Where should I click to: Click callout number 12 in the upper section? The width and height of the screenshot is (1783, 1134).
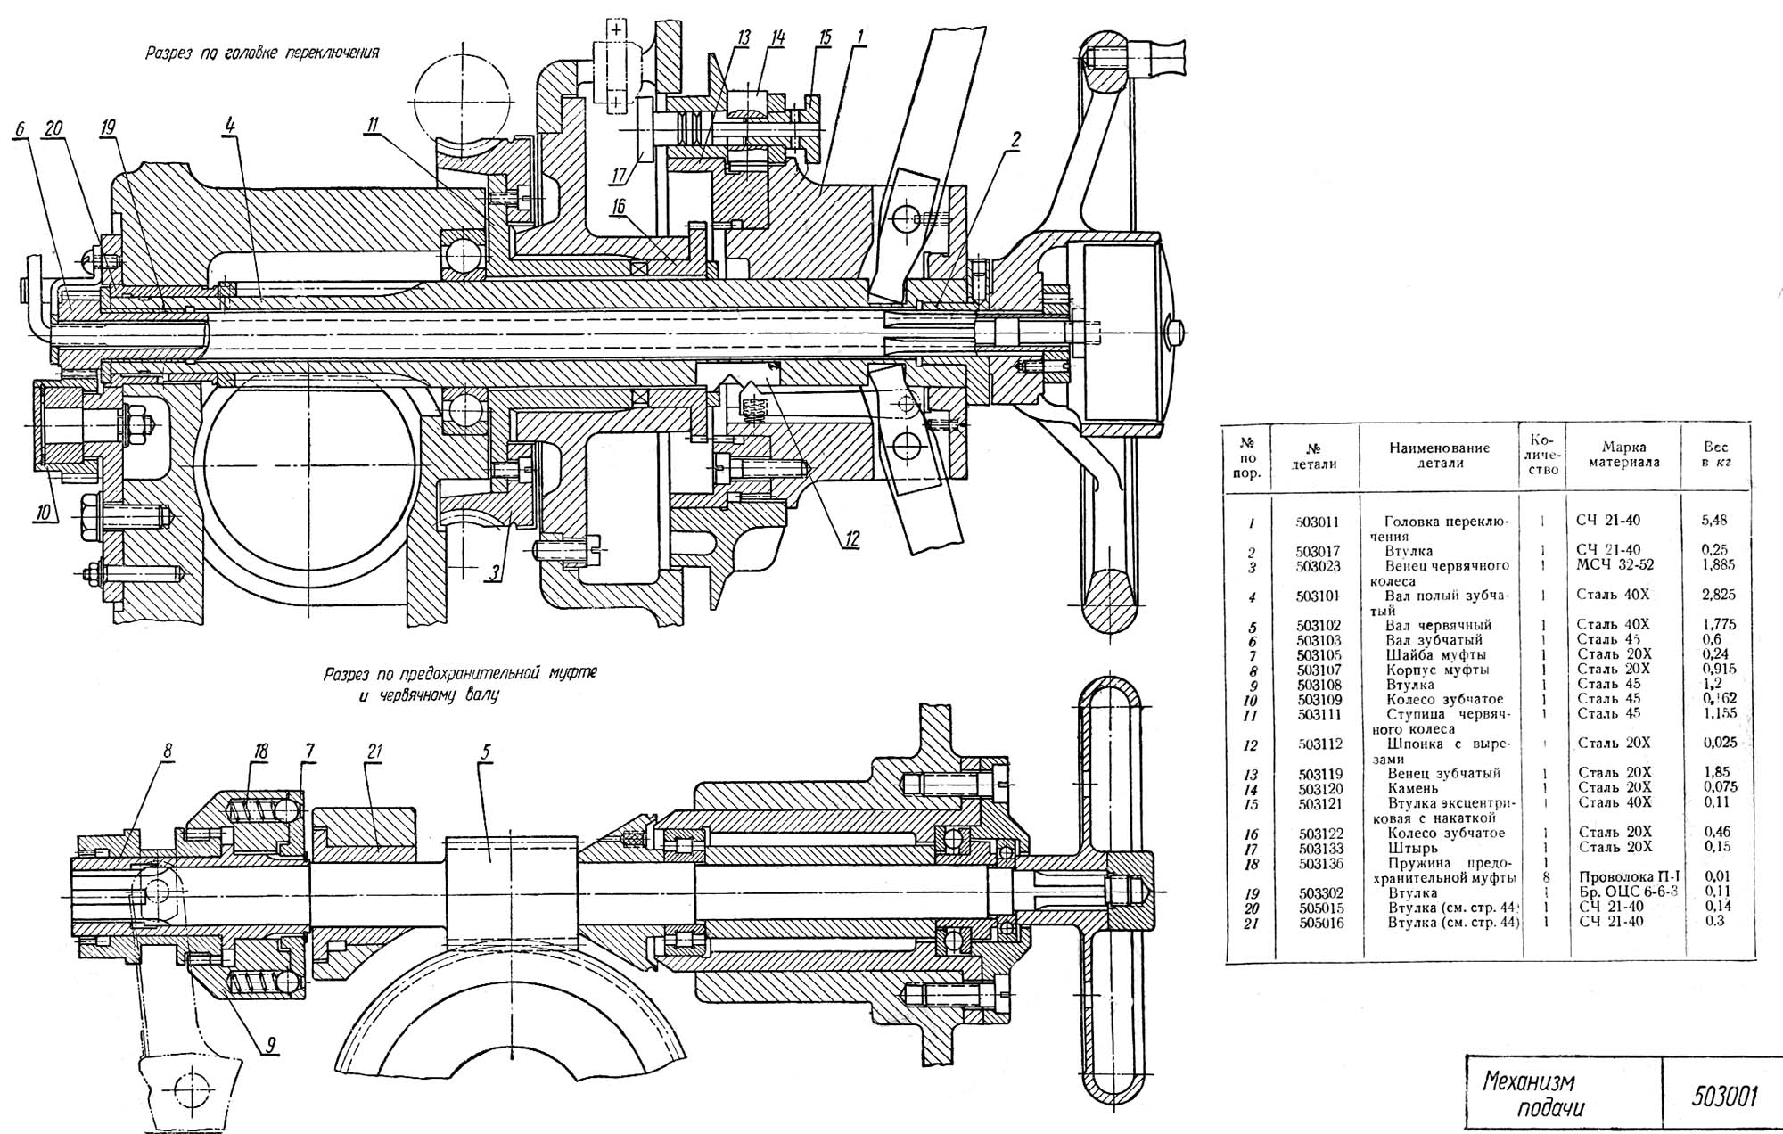(852, 538)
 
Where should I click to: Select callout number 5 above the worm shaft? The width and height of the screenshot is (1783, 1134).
(486, 752)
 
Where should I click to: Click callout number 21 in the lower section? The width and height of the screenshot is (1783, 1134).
(374, 752)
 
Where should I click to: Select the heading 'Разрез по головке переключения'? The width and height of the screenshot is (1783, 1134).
(262, 53)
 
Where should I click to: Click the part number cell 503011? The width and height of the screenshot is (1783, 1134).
(1318, 522)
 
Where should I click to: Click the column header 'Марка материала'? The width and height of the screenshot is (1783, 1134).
(1623, 455)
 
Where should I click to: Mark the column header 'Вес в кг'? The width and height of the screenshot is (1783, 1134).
(1715, 455)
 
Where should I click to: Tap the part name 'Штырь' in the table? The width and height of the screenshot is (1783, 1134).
(1413, 848)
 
